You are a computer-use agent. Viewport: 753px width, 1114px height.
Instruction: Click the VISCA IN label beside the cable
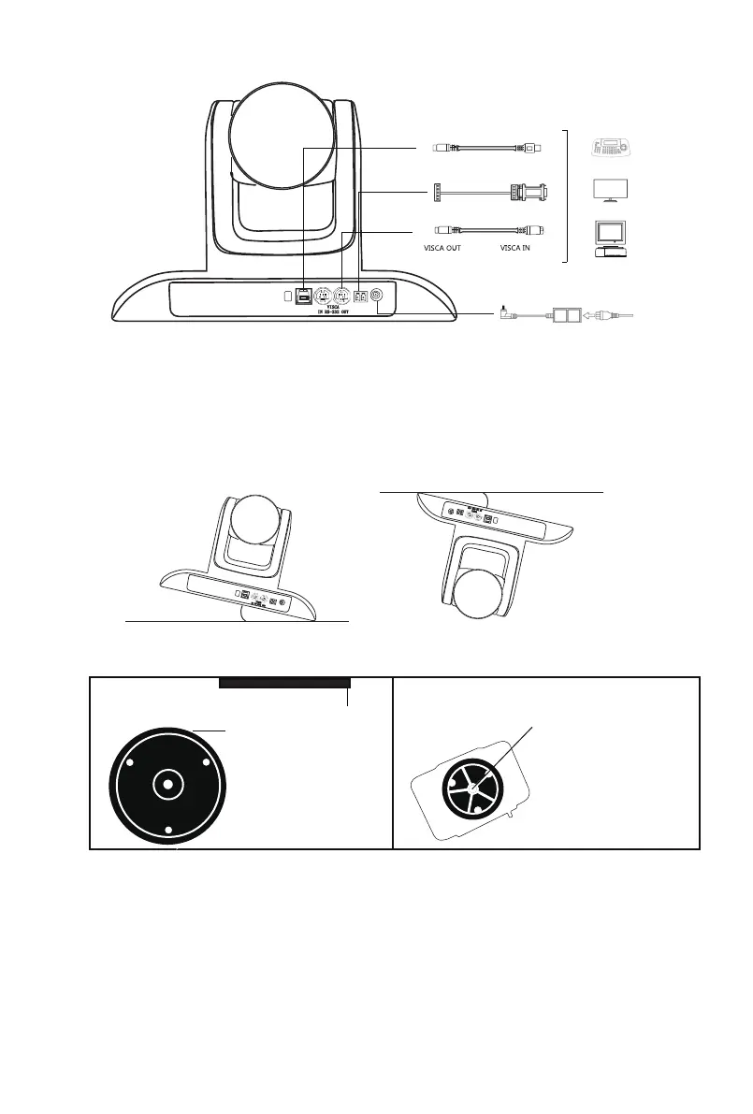click(x=520, y=250)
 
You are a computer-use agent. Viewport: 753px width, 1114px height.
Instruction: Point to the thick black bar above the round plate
click(x=284, y=683)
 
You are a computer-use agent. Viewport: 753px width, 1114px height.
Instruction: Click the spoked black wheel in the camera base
click(x=474, y=788)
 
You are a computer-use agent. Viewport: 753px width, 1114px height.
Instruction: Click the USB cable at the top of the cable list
click(x=486, y=148)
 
